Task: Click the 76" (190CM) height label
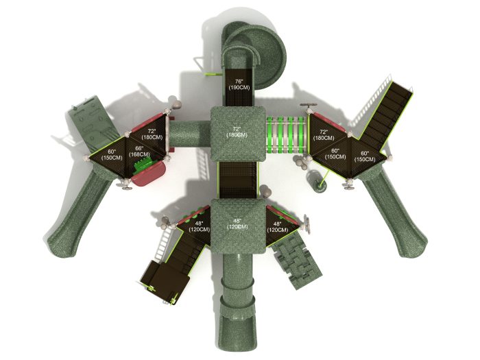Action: pyautogui.click(x=239, y=84)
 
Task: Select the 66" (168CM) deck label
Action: pyautogui.click(x=139, y=152)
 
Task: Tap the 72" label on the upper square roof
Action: pyautogui.click(x=237, y=132)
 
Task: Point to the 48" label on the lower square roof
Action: pyautogui.click(x=237, y=224)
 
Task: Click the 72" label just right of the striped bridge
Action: pyautogui.click(x=324, y=135)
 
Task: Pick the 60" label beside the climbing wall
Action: pyautogui.click(x=112, y=155)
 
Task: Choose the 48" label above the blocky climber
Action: pyautogui.click(x=277, y=227)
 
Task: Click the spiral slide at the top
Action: pyautogui.click(x=254, y=54)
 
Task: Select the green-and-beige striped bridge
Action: pyautogui.click(x=287, y=134)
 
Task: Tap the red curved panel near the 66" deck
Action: pyautogui.click(x=149, y=173)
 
